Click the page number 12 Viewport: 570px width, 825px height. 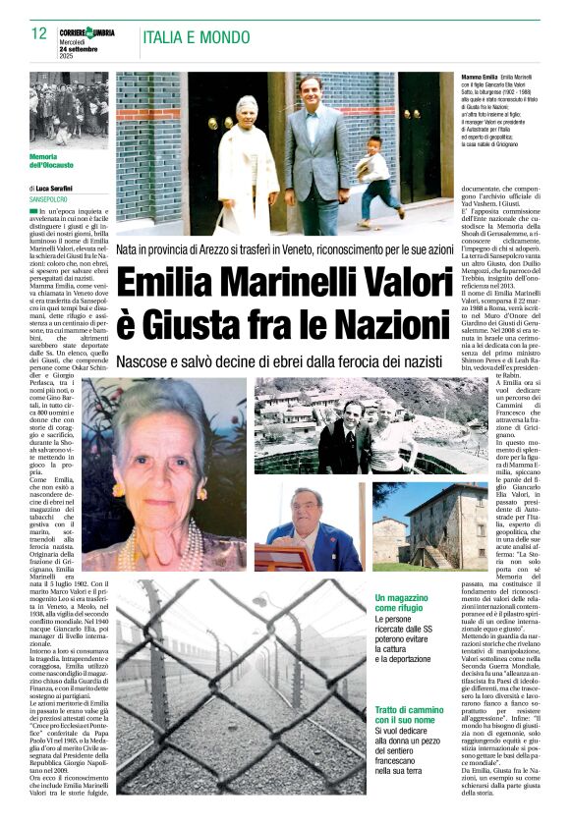pyautogui.click(x=39, y=33)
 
